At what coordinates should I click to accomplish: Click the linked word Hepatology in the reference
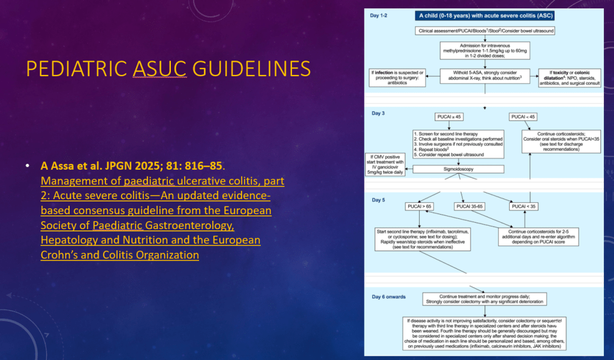75,240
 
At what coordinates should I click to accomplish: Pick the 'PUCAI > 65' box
423,207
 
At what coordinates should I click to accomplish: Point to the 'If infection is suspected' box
396,78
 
